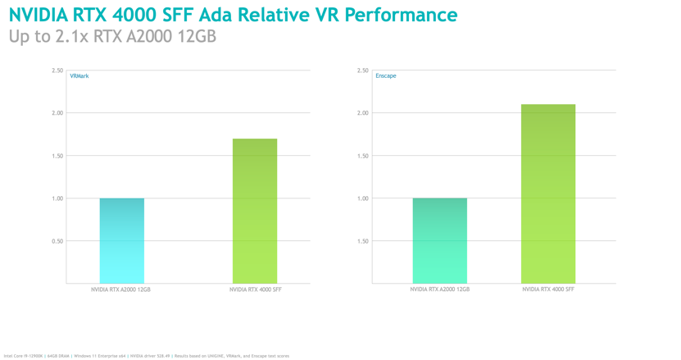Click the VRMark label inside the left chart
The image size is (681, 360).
(79, 76)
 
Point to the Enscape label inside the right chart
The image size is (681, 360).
(385, 76)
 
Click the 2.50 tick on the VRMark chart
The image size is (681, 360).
(57, 71)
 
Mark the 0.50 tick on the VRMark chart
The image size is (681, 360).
(57, 241)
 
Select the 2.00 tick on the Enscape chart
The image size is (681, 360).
(362, 113)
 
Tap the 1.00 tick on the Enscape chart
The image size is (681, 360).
(362, 198)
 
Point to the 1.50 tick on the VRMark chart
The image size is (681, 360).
(57, 156)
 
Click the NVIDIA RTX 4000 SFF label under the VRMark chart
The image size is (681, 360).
(255, 289)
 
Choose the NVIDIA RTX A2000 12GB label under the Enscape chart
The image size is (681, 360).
(439, 289)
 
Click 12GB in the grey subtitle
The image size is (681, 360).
(196, 36)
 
